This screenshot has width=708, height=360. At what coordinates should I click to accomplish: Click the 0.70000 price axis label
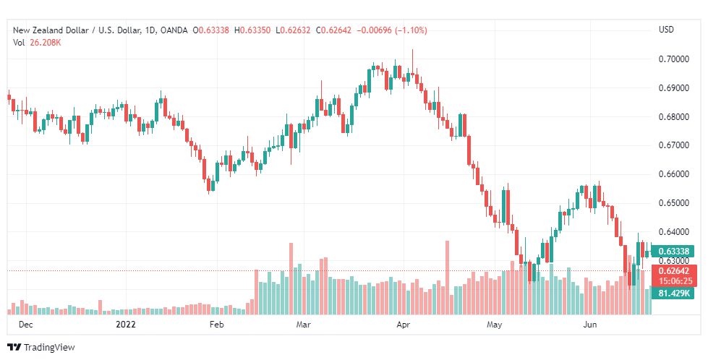673,59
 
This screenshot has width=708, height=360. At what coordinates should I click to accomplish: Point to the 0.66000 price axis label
673,174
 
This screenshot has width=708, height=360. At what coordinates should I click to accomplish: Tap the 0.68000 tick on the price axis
673,117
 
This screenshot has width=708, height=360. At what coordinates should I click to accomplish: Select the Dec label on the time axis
26,325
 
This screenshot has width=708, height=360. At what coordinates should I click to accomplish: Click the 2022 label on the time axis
126,325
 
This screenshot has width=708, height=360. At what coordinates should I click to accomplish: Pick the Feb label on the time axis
217,325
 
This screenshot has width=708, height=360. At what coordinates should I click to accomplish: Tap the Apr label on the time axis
404,325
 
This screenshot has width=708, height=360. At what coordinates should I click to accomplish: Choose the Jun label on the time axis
589,325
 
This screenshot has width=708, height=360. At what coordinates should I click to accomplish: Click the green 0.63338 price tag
674,252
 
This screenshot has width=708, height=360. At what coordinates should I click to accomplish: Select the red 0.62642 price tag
674,271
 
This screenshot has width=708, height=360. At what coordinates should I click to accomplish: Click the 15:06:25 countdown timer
675,281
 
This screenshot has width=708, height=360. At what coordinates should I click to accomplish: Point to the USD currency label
666,30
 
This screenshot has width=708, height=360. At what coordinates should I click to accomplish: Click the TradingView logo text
49,348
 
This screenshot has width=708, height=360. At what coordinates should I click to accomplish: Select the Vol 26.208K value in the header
37,43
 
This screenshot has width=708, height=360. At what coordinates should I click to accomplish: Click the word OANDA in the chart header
174,30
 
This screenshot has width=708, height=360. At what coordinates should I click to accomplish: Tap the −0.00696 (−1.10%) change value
392,30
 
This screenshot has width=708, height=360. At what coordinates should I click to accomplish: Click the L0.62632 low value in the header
293,30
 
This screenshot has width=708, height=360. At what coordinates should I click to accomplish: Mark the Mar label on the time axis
303,325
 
